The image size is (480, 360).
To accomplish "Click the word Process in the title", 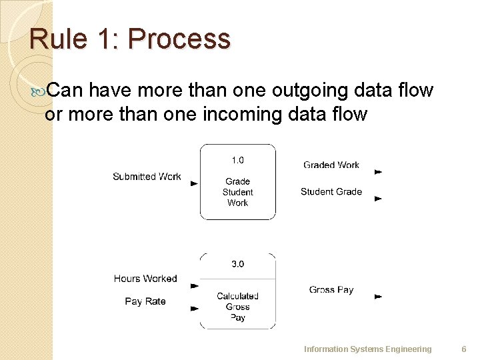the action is (179, 39).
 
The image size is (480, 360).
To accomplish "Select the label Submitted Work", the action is (147, 177).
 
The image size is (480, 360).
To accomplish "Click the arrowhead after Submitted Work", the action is (194, 183).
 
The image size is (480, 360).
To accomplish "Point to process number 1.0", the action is (237, 160).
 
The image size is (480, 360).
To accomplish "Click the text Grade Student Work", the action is (237, 192).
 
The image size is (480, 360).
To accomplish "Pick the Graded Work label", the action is (331, 165).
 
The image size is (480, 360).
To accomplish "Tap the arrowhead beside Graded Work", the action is (378, 172).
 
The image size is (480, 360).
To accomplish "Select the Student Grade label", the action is (331, 191).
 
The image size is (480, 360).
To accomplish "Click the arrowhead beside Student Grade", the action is (378, 199).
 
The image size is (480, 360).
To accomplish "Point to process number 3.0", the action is (237, 264).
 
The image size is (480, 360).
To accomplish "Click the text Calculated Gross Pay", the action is (237, 307).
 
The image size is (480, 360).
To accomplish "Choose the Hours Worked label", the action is (145, 279).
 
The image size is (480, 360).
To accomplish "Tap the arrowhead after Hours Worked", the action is (194, 286).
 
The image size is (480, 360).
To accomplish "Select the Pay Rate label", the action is (145, 301).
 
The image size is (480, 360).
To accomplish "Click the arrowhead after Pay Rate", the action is (194, 308).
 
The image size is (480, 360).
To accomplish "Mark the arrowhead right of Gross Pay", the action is (378, 296).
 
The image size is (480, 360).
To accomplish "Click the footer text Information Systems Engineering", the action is (367, 349).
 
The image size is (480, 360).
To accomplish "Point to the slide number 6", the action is (464, 349).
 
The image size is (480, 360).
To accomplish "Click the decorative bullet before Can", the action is (38, 91).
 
